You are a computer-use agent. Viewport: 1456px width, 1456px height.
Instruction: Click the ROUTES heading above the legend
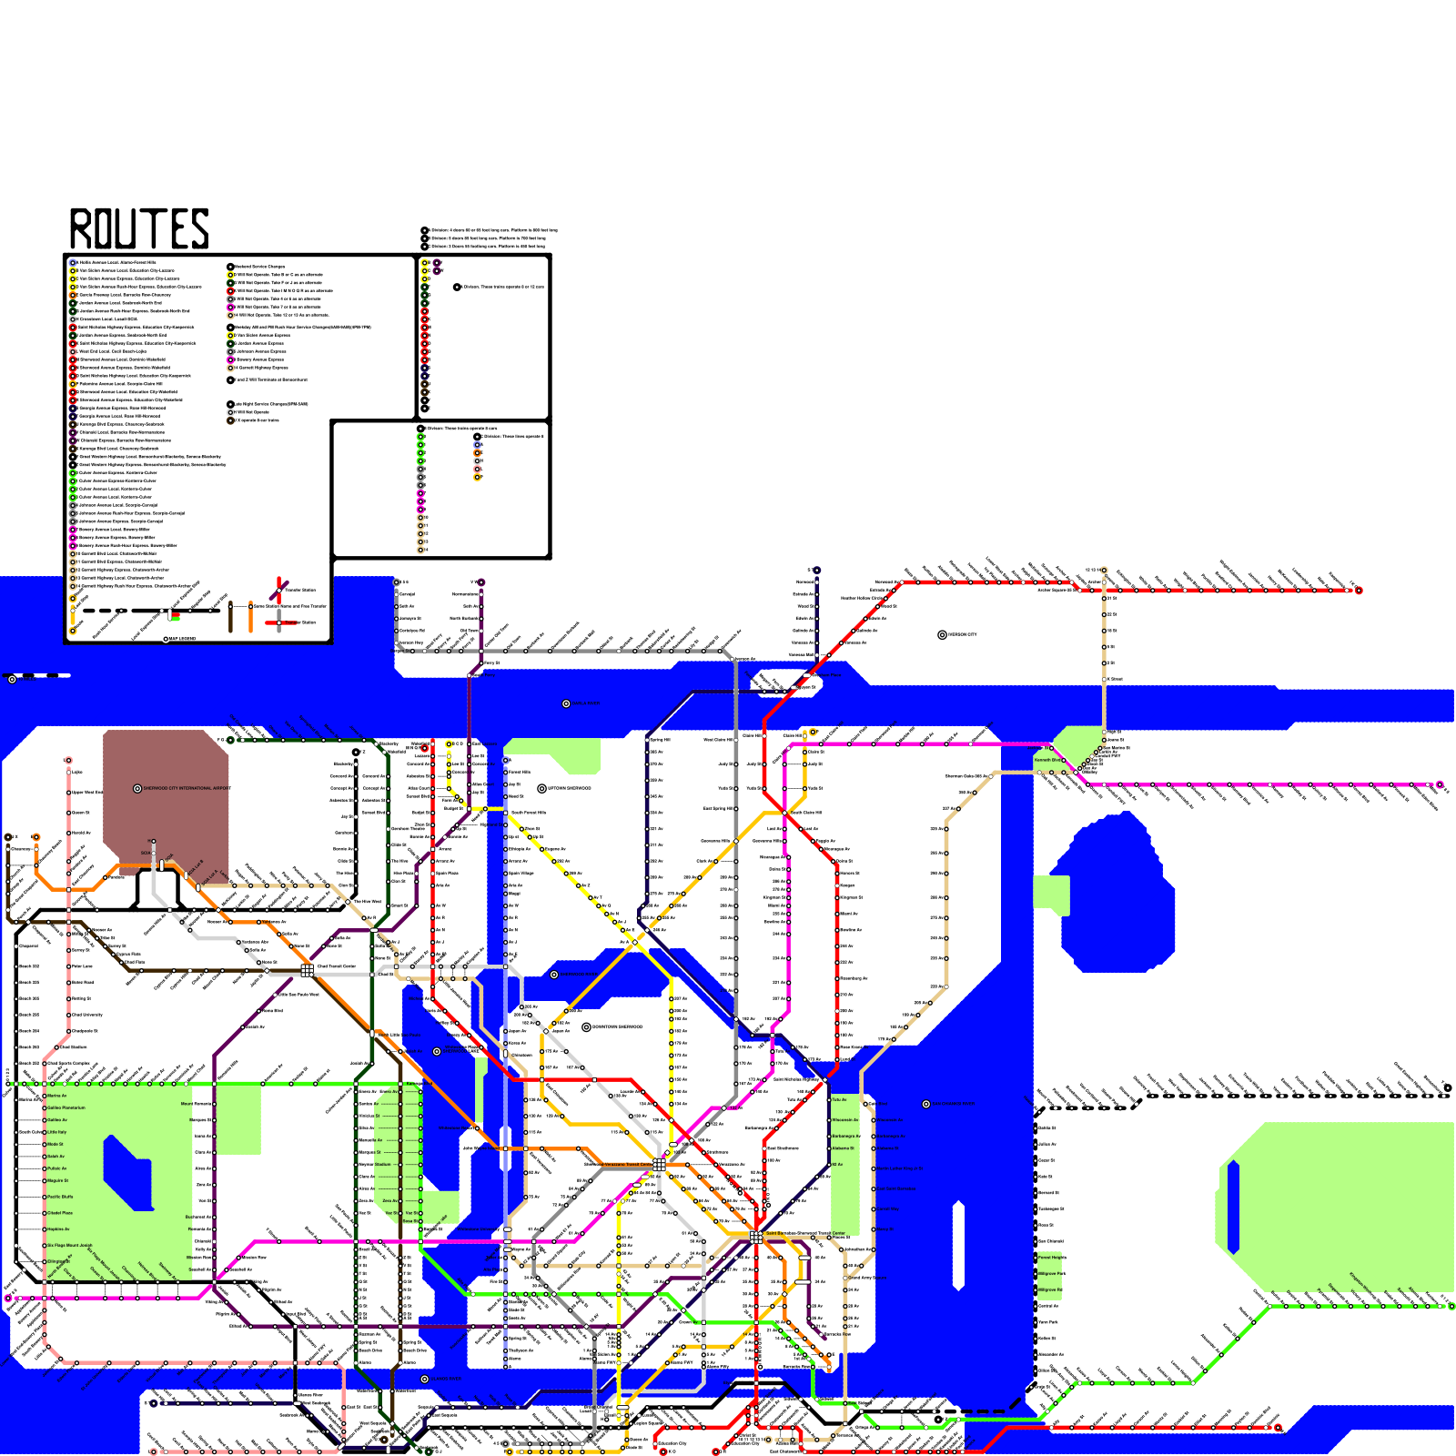tap(139, 228)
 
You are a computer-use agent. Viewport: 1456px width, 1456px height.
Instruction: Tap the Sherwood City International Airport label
tap(187, 788)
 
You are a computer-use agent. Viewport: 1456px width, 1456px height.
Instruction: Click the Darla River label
tap(586, 703)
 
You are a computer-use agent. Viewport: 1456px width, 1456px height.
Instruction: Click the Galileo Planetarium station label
tap(66, 1107)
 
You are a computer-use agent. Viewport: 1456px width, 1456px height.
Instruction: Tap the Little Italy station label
tap(57, 1132)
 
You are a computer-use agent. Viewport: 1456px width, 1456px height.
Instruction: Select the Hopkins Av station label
tap(58, 1228)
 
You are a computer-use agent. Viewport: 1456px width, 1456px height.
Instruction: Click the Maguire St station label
tap(57, 1180)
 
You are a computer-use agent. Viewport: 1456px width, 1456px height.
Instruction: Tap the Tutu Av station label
tap(839, 1099)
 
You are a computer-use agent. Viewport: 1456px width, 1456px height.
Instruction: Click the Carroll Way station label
tap(887, 1208)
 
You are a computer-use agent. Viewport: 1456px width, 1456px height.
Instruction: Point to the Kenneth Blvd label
tap(1047, 760)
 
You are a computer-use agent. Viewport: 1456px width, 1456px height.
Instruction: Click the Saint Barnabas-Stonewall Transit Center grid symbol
tap(755, 1237)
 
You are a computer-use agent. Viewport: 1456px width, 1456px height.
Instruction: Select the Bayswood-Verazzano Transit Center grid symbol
tap(659, 1165)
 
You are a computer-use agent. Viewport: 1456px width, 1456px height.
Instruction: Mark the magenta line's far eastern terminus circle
tap(1440, 784)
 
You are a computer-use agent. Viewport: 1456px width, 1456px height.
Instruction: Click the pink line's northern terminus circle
tap(68, 760)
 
